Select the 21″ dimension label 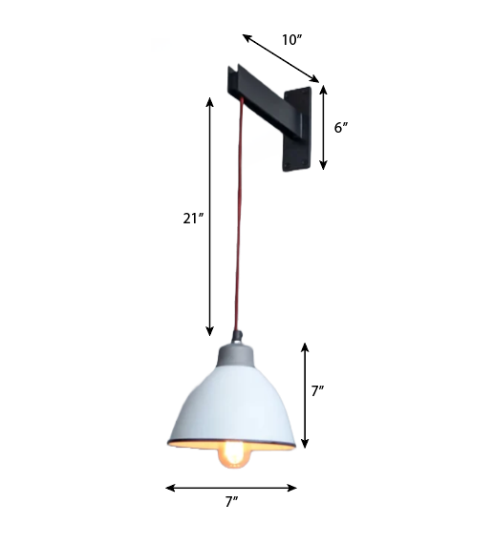(194, 218)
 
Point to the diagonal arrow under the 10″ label (280, 59)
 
